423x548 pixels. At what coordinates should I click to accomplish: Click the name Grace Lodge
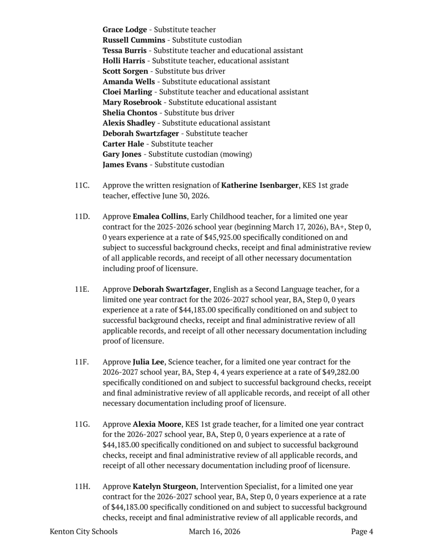(124, 30)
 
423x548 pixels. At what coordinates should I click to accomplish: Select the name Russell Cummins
(134, 40)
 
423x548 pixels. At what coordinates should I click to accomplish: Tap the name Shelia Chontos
(131, 113)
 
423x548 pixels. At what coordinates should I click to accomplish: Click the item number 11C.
(82, 185)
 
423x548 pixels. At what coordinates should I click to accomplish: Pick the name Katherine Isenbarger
(259, 185)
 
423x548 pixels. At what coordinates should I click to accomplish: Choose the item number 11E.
(82, 289)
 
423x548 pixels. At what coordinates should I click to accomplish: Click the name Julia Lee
(148, 362)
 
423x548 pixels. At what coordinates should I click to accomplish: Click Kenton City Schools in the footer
(84, 532)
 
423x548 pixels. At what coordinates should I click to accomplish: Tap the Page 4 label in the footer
(362, 532)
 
